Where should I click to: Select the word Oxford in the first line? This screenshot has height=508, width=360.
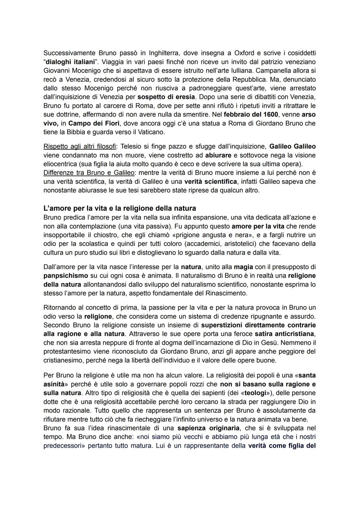pos(246,53)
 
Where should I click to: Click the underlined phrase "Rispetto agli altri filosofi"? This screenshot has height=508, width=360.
pos(78,147)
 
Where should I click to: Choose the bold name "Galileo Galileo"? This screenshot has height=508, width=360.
pos(292,147)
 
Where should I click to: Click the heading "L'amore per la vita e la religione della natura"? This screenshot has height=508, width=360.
pos(120,209)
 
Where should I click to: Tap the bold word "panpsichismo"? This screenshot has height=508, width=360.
pos(66,276)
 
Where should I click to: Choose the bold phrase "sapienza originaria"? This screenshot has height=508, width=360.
pos(208,428)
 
